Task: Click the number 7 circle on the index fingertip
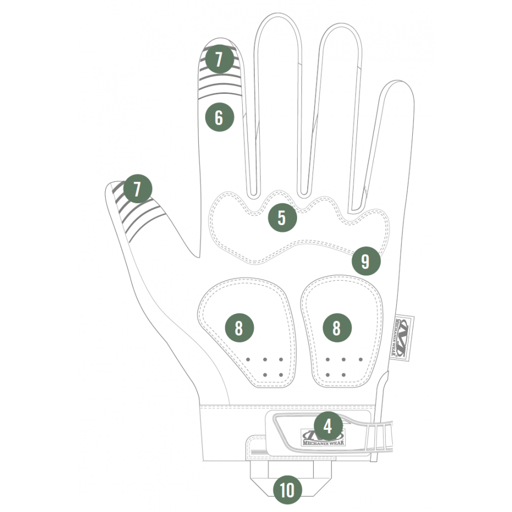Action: (x=219, y=59)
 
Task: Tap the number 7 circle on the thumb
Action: (x=138, y=188)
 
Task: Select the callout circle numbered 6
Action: (x=219, y=117)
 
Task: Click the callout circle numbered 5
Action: (x=283, y=218)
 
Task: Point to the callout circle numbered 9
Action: (x=366, y=261)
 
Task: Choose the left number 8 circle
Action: (x=239, y=328)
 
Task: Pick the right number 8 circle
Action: (x=337, y=328)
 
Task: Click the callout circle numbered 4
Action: (x=328, y=426)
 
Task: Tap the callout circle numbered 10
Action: (x=287, y=490)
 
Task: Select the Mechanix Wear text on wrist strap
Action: (x=323, y=443)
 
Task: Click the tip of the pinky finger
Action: (x=399, y=80)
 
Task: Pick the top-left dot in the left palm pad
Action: (x=248, y=359)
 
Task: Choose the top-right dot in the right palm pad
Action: (x=361, y=359)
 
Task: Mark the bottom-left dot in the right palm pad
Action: (x=327, y=375)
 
